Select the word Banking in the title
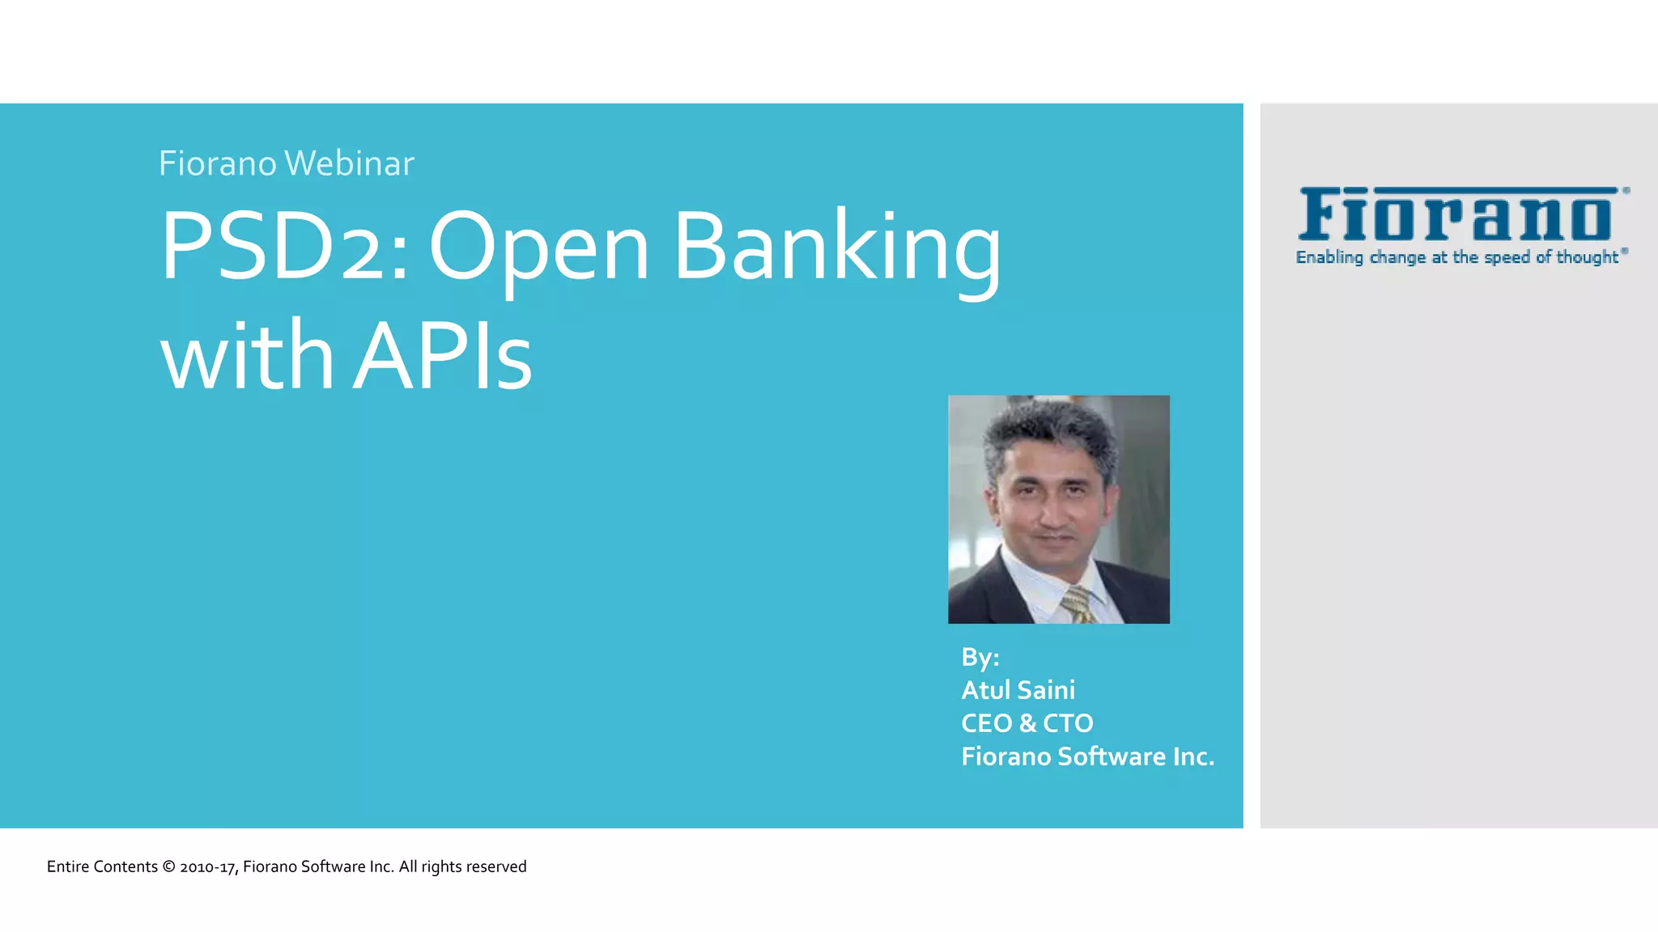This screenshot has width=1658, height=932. click(837, 248)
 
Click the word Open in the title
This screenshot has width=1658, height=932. click(538, 248)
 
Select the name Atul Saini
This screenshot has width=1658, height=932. click(1018, 690)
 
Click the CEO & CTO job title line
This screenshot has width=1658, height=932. click(1027, 723)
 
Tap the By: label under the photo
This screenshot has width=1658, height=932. click(980, 657)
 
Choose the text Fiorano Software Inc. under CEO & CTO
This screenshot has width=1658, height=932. click(1087, 756)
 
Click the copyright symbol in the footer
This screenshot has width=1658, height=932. click(168, 866)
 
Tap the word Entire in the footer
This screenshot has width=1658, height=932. click(68, 866)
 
